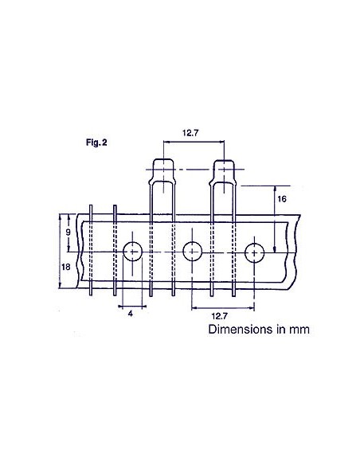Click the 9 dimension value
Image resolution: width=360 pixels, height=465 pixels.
click(68, 231)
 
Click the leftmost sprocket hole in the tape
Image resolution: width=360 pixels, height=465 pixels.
click(133, 252)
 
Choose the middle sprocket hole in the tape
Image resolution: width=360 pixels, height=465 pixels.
click(192, 252)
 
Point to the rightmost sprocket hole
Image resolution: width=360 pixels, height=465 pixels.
click(254, 252)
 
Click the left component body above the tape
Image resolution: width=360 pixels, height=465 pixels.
click(163, 170)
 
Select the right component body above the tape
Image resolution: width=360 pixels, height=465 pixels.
click(223, 170)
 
